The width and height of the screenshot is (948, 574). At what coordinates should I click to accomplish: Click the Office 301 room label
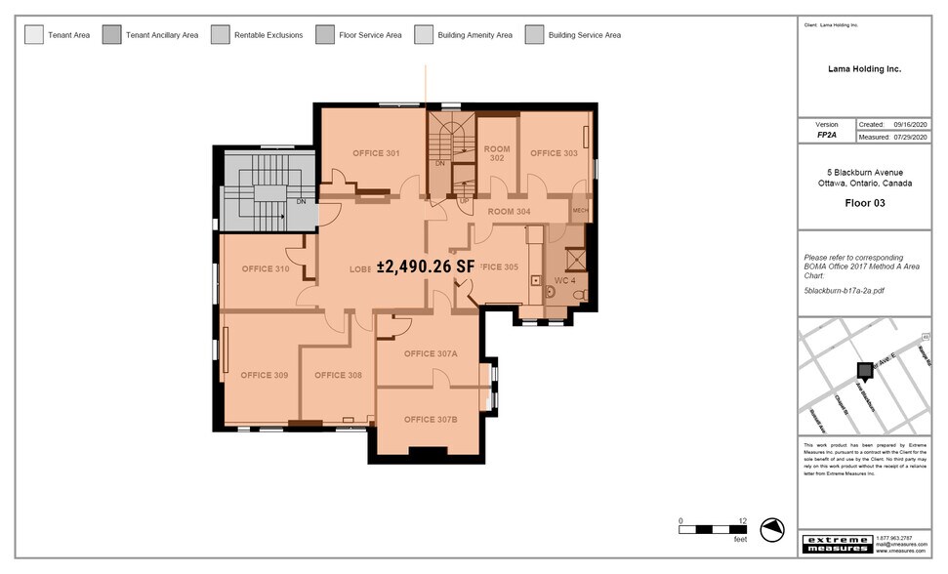click(376, 153)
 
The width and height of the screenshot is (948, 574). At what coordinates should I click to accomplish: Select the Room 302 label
click(497, 153)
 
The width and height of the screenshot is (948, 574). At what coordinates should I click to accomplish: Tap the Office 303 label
click(554, 153)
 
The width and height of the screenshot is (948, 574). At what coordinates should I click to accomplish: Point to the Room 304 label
click(509, 212)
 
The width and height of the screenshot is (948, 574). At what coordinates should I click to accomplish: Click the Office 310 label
click(266, 268)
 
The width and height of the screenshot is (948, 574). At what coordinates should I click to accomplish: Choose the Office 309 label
click(264, 375)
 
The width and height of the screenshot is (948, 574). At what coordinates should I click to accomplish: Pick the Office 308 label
click(338, 375)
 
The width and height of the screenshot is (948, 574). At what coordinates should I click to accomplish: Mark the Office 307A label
click(431, 353)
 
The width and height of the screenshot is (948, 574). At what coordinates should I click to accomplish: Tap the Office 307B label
click(431, 419)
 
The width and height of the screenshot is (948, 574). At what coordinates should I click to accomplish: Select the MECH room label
click(579, 211)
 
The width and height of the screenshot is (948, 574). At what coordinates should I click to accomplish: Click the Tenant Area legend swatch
click(33, 35)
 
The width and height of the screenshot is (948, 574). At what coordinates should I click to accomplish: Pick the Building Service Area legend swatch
click(534, 35)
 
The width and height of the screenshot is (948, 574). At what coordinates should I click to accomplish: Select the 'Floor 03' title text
click(865, 204)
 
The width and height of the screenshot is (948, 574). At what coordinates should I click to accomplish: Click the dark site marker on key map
click(864, 370)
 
